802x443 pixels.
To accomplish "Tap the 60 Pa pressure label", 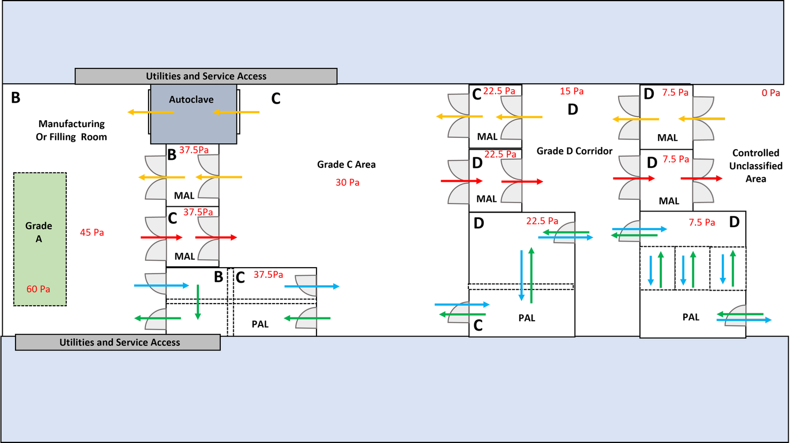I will point(38,289).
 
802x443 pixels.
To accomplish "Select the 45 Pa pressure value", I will point(92,232).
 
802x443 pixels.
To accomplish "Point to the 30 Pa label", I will point(348,183).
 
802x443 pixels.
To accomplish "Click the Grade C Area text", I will point(346,165).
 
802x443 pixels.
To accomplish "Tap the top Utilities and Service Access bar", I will point(206,76).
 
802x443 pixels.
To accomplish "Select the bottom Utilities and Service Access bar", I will point(118,343).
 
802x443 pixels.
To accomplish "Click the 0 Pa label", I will point(771,93).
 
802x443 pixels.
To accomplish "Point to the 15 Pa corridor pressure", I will point(572,91).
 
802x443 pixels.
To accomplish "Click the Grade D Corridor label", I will point(574,151).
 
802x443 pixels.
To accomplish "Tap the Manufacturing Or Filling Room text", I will point(72,130).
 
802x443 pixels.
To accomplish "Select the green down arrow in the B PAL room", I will point(198,302).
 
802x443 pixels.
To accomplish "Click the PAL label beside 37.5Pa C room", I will point(260,324).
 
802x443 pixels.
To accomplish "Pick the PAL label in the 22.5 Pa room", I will point(527,318).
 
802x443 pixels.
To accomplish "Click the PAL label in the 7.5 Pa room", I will point(691,317).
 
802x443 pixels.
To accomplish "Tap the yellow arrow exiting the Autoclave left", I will point(151,112).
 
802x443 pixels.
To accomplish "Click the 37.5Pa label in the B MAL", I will point(194,150).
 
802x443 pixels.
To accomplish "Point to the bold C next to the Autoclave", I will point(276,99).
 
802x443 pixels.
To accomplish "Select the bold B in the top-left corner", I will point(16,98).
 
